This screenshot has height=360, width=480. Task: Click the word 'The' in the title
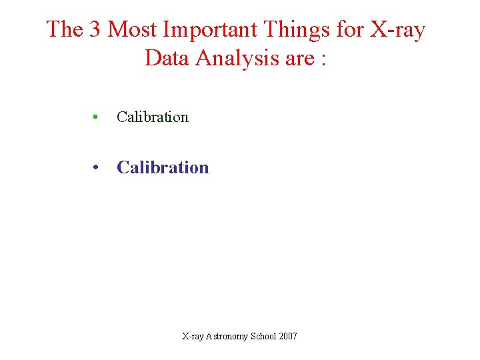tap(64, 29)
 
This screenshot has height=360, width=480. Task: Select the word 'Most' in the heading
tap(133, 29)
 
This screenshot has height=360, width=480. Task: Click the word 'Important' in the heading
tap(212, 29)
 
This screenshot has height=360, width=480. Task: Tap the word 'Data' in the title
tap(167, 59)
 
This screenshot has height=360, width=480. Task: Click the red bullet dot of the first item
tap(97, 117)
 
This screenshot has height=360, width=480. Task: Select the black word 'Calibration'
tap(153, 117)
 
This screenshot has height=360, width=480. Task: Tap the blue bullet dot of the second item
tap(97, 168)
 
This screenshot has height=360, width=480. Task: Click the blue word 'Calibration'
tap(163, 167)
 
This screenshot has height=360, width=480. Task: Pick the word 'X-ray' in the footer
tap(193, 336)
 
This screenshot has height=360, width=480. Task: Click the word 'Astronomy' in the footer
tap(227, 336)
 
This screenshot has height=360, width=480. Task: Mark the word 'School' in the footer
tap(264, 336)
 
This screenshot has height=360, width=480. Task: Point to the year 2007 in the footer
tap(289, 336)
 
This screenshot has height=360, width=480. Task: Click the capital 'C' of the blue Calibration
tap(123, 167)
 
